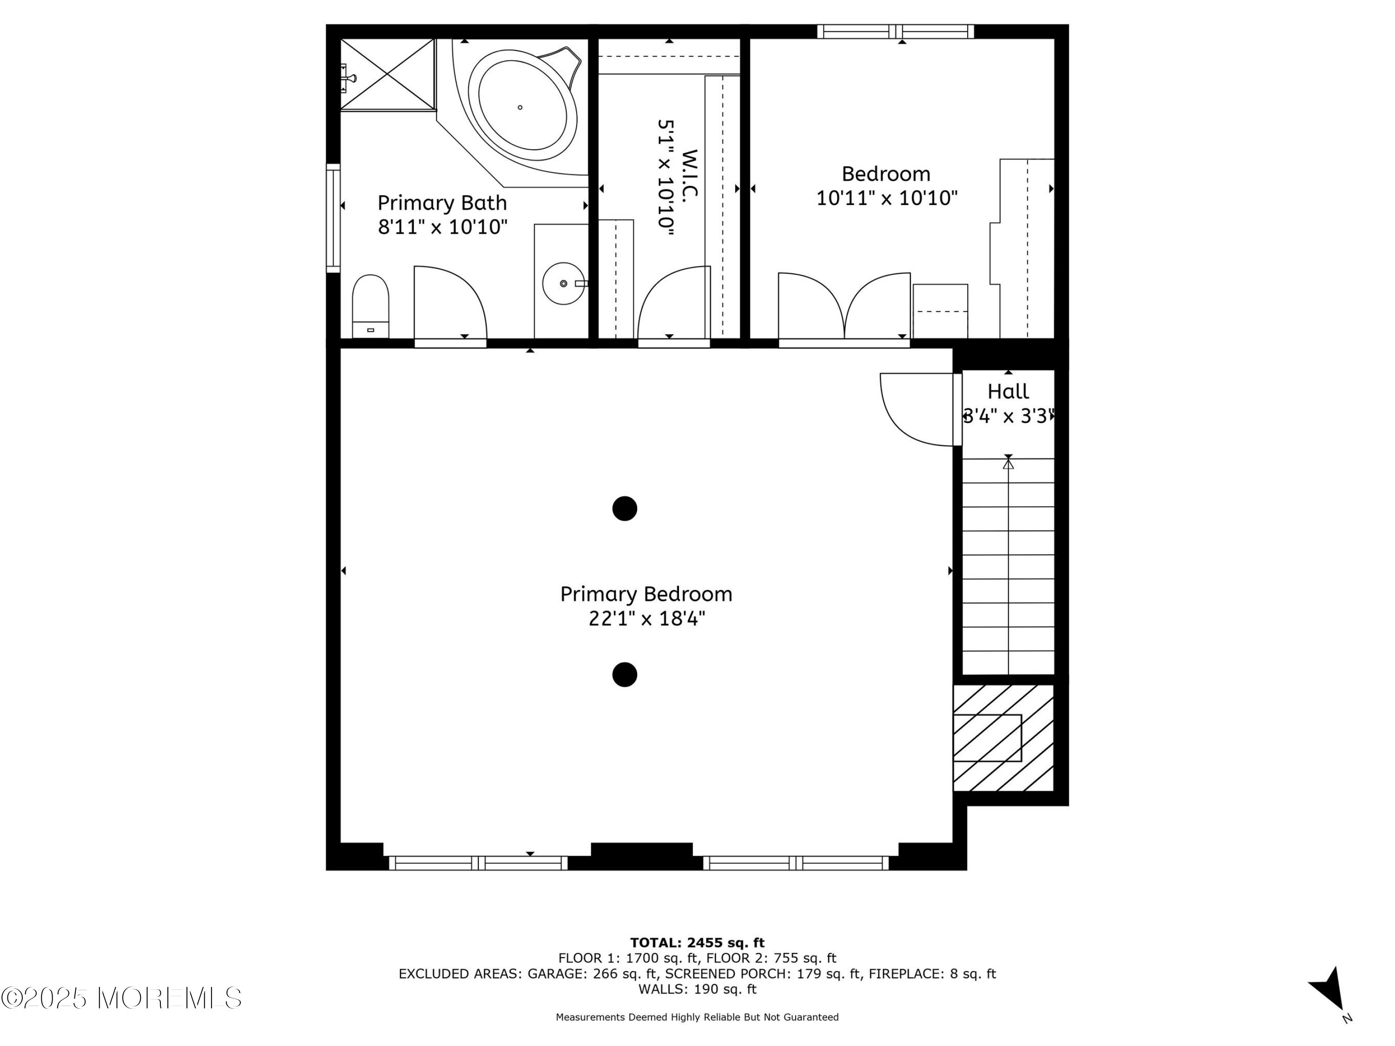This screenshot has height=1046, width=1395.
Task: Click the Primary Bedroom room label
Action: pos(646,594)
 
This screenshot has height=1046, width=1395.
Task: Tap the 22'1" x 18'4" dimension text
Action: pos(646,618)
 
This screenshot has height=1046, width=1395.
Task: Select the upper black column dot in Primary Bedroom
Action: pos(624,508)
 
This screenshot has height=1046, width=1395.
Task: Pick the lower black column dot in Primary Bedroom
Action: pos(624,675)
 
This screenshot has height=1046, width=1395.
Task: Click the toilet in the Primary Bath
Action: pos(370,306)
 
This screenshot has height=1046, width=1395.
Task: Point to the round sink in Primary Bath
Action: pos(563,284)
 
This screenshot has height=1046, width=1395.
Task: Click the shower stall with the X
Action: pos(388,74)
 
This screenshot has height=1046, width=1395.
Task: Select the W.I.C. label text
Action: pos(691,175)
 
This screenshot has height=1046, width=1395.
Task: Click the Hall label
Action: pos(1008,391)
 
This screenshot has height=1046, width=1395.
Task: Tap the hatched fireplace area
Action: pos(1003,738)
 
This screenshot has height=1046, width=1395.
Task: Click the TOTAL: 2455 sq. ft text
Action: pos(697,943)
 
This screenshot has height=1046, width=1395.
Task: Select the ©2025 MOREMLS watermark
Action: pos(121,998)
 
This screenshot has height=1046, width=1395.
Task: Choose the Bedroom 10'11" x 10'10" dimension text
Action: pos(887,198)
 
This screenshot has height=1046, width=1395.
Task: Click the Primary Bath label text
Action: pos(442,203)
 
